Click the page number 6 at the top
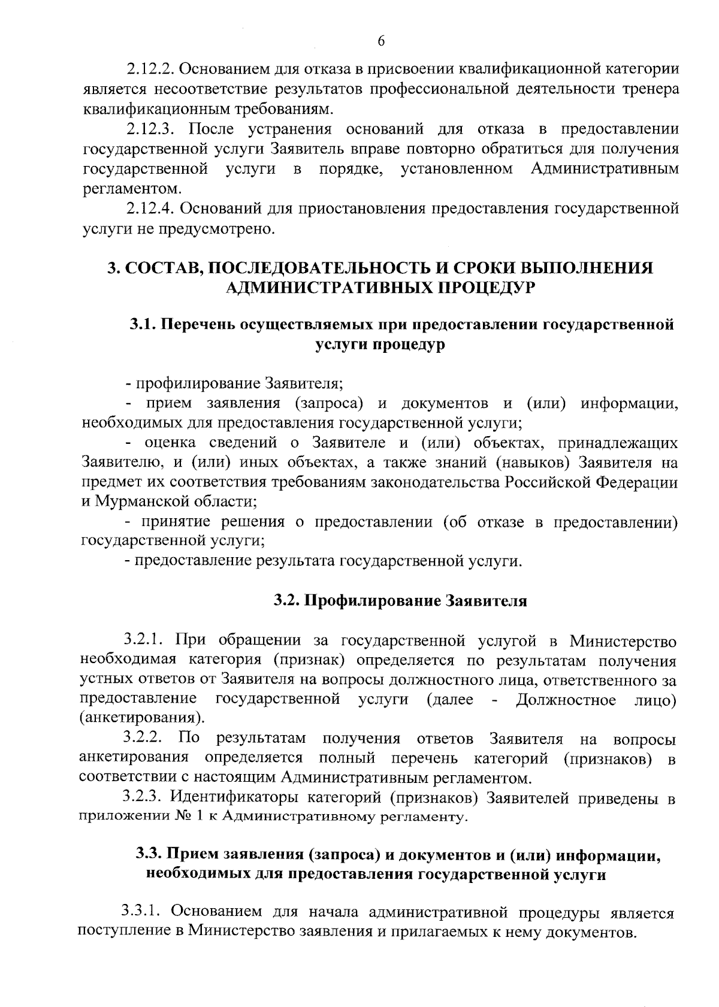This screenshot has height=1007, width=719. click(x=381, y=41)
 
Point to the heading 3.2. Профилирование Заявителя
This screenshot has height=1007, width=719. click(x=400, y=601)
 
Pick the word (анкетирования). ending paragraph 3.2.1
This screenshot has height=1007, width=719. click(x=141, y=718)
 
